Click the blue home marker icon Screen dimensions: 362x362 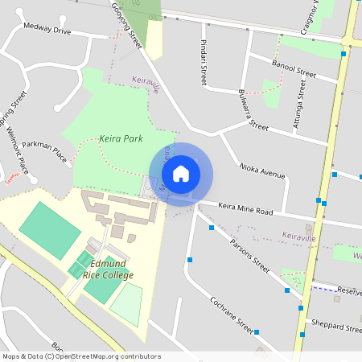point(181,173)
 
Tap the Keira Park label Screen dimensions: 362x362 point(121,139)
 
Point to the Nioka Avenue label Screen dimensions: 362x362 point(262,170)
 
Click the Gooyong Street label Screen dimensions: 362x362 point(126,24)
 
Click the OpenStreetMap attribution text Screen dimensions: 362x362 point(81,356)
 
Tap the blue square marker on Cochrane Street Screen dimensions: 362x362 point(257,331)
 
